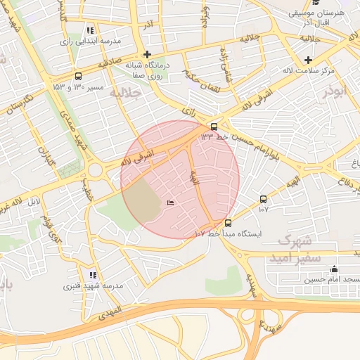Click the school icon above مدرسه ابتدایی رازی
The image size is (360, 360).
90,31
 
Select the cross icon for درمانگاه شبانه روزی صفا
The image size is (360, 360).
146,54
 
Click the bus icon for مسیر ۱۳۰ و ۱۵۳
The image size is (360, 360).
77,77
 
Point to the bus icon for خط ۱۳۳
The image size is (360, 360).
214,126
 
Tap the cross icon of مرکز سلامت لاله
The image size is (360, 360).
308,60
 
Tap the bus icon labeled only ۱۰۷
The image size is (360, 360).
263,199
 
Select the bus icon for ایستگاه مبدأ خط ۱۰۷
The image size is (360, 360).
226,223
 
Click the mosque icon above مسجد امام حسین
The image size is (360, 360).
333,269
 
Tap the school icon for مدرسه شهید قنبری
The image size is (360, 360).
93,275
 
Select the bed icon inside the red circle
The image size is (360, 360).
170,203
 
